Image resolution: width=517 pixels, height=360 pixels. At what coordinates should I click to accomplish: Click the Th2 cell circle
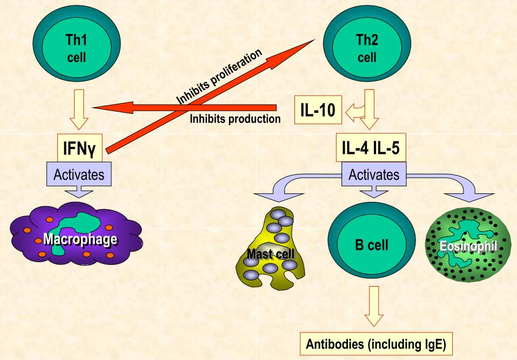(367, 48)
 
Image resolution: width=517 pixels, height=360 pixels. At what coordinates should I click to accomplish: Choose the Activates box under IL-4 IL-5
(374, 174)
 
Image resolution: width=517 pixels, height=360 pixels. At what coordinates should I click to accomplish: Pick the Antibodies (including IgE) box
(375, 344)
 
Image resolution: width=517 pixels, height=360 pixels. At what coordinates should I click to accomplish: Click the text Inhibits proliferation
(219, 76)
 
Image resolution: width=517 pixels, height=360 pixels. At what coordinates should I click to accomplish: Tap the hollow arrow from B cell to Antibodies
(373, 304)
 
